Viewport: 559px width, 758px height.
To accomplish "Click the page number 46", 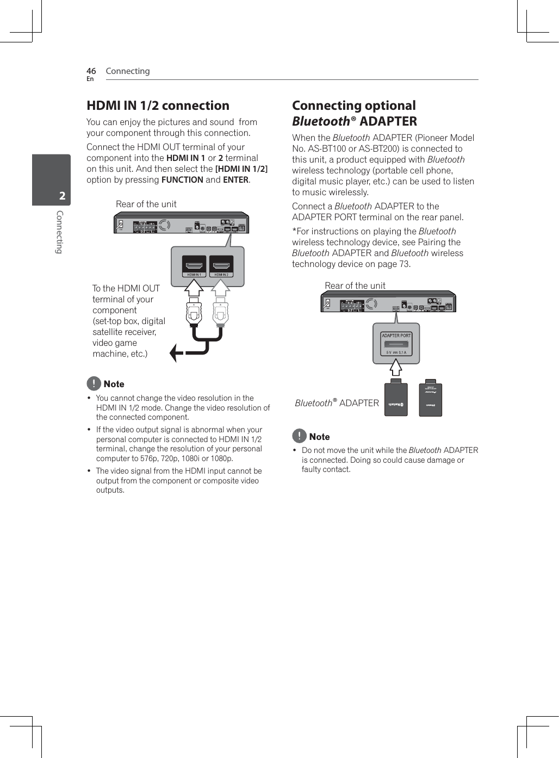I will (x=91, y=71).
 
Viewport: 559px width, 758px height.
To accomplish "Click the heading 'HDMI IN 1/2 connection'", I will (x=158, y=105).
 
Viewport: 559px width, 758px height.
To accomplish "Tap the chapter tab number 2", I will (x=62, y=196).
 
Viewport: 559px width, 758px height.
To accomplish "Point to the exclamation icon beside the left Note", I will (x=94, y=383).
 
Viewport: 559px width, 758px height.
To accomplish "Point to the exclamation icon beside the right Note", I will (x=299, y=436).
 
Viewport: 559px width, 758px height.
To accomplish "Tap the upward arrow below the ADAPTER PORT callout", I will (x=396, y=368).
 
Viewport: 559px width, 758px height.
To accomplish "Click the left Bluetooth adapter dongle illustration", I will (x=396, y=400).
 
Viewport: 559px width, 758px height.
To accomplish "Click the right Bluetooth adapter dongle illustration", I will (x=430, y=399).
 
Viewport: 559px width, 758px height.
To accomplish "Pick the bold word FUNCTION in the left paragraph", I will (x=182, y=180).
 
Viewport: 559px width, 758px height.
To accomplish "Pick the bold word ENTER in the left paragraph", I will (x=235, y=180).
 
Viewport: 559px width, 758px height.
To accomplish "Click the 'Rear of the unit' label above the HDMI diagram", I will (x=146, y=204).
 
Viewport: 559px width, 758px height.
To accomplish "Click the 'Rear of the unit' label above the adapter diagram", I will (x=355, y=286).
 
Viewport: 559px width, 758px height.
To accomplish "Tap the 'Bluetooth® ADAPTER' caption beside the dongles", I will (x=337, y=403).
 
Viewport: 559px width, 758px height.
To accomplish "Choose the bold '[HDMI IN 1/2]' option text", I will (x=241, y=169).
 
